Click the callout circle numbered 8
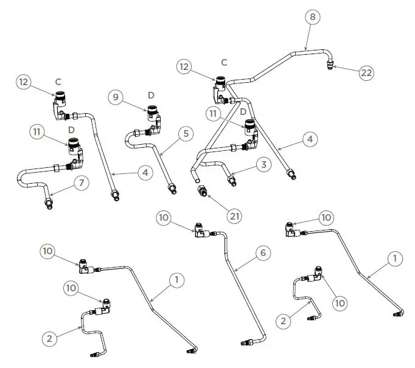tap(313, 17)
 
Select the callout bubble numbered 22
tap(366, 72)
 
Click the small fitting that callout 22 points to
tap(330, 64)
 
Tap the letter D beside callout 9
tap(151, 94)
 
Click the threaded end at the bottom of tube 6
tap(245, 341)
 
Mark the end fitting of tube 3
tap(231, 179)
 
